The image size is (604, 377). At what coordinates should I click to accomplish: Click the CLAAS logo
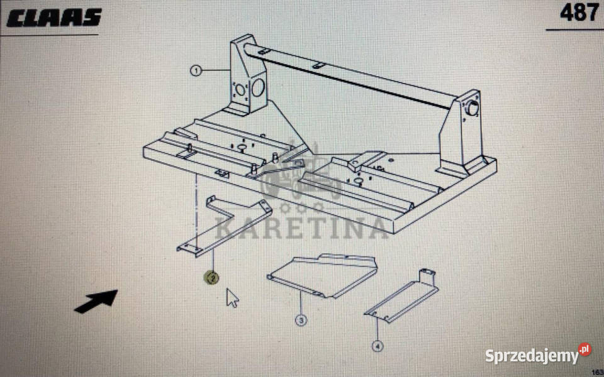click(54, 18)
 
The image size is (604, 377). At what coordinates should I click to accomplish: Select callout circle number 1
click(196, 71)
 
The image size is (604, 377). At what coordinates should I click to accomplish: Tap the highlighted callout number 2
click(212, 277)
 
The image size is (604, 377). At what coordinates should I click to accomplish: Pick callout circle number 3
click(301, 320)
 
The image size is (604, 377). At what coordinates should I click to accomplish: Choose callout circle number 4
click(377, 346)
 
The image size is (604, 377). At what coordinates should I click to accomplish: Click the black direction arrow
click(96, 301)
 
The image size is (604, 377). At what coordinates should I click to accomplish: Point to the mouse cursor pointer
click(232, 298)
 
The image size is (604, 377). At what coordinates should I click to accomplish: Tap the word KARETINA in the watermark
click(301, 227)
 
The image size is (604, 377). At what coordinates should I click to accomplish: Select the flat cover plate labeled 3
click(322, 276)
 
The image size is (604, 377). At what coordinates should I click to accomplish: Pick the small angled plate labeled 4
click(402, 297)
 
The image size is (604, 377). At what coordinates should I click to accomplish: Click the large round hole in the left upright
click(258, 88)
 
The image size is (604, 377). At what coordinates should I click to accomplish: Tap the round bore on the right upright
click(473, 107)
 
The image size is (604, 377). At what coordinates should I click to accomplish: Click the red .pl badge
click(584, 349)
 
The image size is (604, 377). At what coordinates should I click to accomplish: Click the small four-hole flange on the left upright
click(240, 90)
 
